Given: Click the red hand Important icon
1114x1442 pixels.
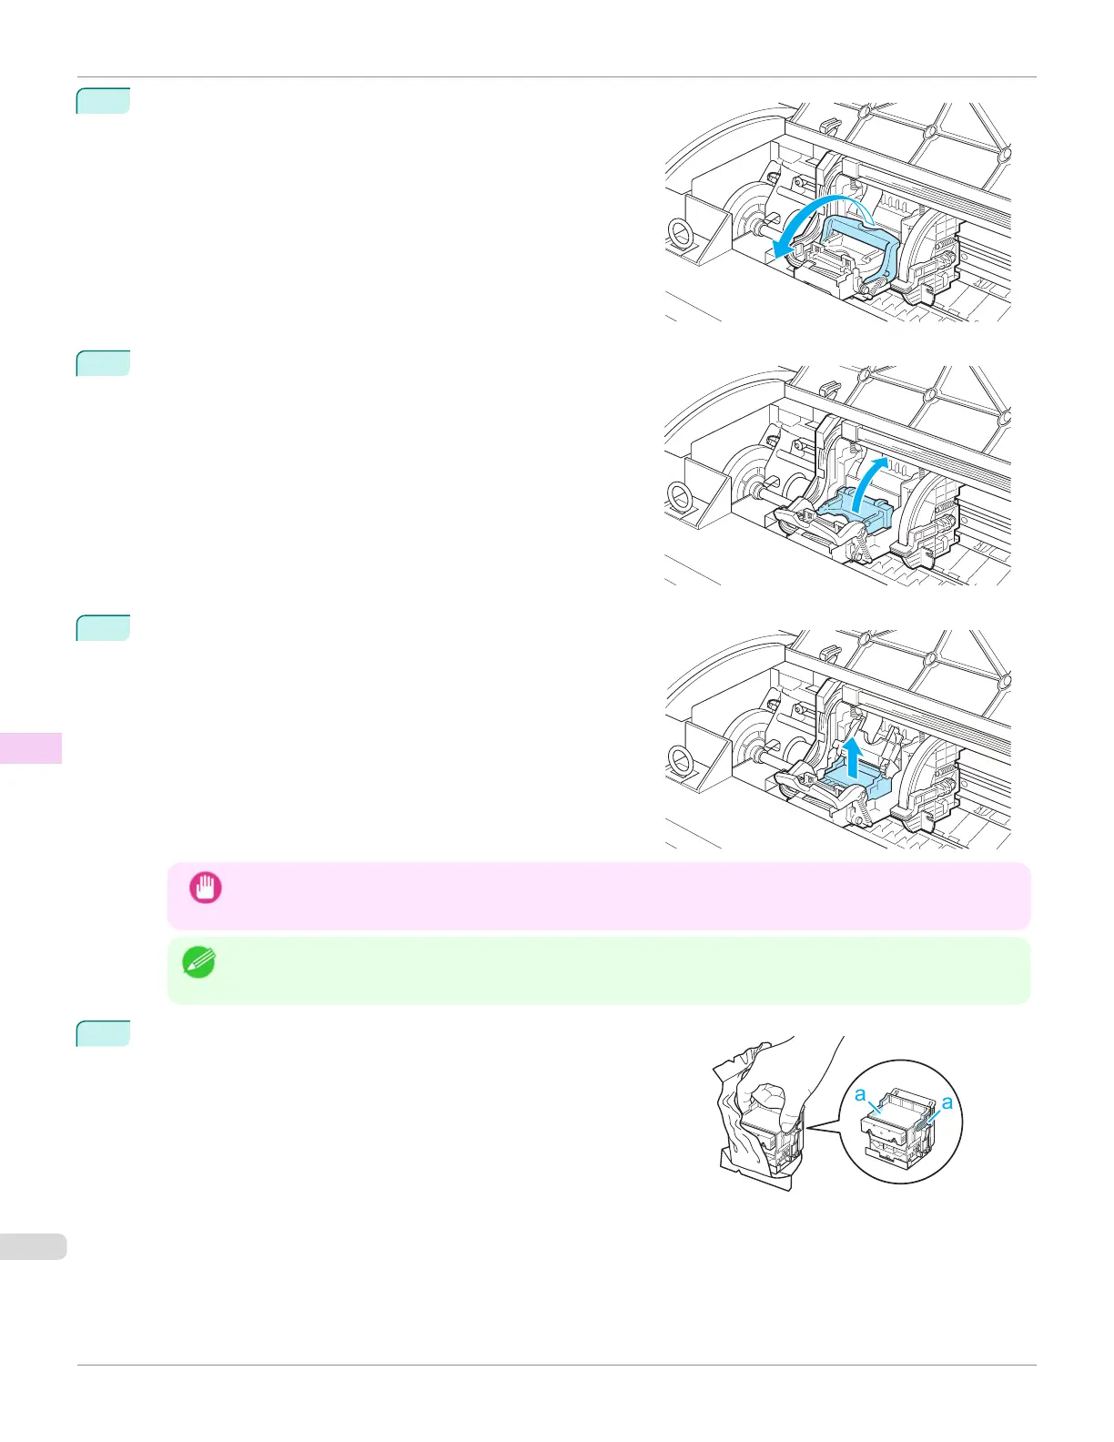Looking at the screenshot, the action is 205,888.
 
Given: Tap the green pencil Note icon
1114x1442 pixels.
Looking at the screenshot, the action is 199,962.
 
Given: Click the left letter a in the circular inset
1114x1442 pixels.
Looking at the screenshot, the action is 860,1095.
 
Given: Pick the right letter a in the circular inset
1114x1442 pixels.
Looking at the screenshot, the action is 947,1102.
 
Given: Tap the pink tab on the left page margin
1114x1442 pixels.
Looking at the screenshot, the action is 31,747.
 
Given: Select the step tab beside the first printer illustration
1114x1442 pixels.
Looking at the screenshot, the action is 104,100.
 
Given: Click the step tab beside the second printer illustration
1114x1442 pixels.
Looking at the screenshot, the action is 104,363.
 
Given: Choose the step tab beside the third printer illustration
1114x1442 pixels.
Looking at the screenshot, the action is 104,628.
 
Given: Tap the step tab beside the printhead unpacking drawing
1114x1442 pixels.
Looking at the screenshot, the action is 104,1033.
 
